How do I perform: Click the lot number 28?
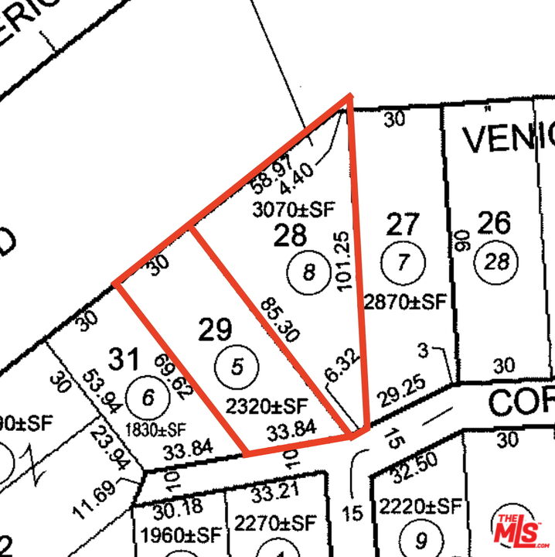pos(290,235)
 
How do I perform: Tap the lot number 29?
pos(216,330)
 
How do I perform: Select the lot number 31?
pos(124,359)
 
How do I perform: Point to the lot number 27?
pos(403,225)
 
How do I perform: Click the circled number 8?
pos(309,272)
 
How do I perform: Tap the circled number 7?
pos(402,261)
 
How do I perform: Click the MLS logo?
pos(522,529)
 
